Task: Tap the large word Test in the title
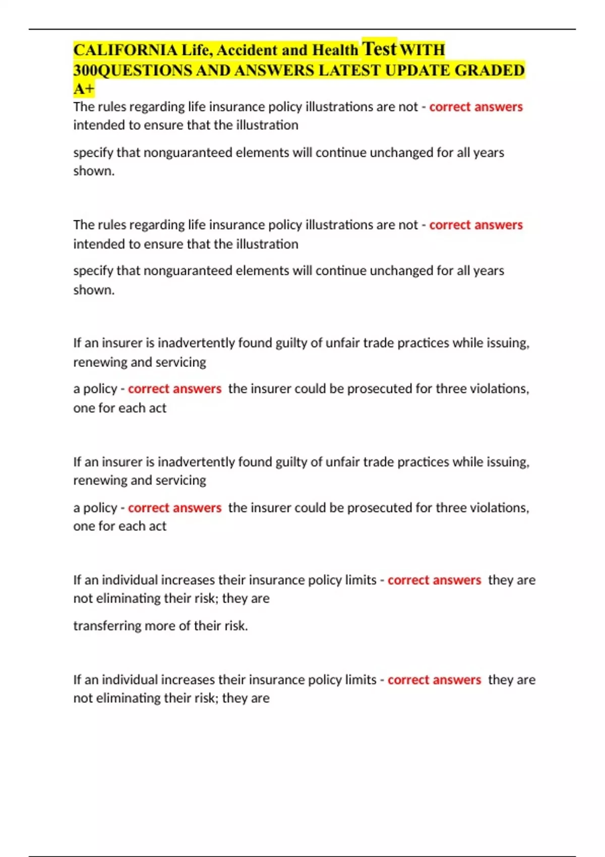379,48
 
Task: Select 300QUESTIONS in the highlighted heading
133,70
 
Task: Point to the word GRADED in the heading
490,70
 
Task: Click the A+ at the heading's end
84,89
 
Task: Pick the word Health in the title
335,50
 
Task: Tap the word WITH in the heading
422,50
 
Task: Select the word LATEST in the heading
349,70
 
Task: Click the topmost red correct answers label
475,107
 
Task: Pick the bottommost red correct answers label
434,680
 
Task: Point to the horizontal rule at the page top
302,29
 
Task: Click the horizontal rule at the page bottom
302,855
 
